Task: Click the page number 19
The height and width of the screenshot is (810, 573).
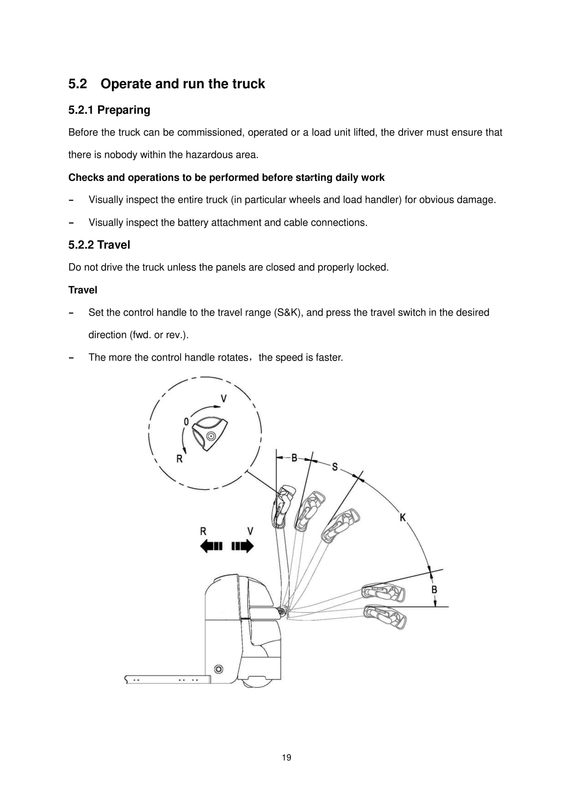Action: [286, 757]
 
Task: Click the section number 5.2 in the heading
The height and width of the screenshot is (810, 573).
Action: [78, 84]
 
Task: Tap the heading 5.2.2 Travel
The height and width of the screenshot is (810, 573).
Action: [99, 245]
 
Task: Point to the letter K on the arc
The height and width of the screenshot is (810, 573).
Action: [403, 518]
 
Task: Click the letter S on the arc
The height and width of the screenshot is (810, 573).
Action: [335, 467]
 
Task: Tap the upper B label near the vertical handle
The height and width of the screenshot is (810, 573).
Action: [294, 458]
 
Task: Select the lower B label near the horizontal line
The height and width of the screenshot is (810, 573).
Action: [434, 589]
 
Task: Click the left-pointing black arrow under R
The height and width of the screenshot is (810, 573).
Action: [211, 546]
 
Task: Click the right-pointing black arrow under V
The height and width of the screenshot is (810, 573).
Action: [243, 546]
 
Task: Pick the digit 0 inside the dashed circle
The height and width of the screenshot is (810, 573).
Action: [186, 422]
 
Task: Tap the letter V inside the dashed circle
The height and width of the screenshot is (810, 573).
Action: [223, 399]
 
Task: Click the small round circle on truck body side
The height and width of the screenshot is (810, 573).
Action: [219, 669]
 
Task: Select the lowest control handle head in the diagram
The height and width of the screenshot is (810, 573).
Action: [385, 617]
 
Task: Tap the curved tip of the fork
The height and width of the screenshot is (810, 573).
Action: [126, 679]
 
